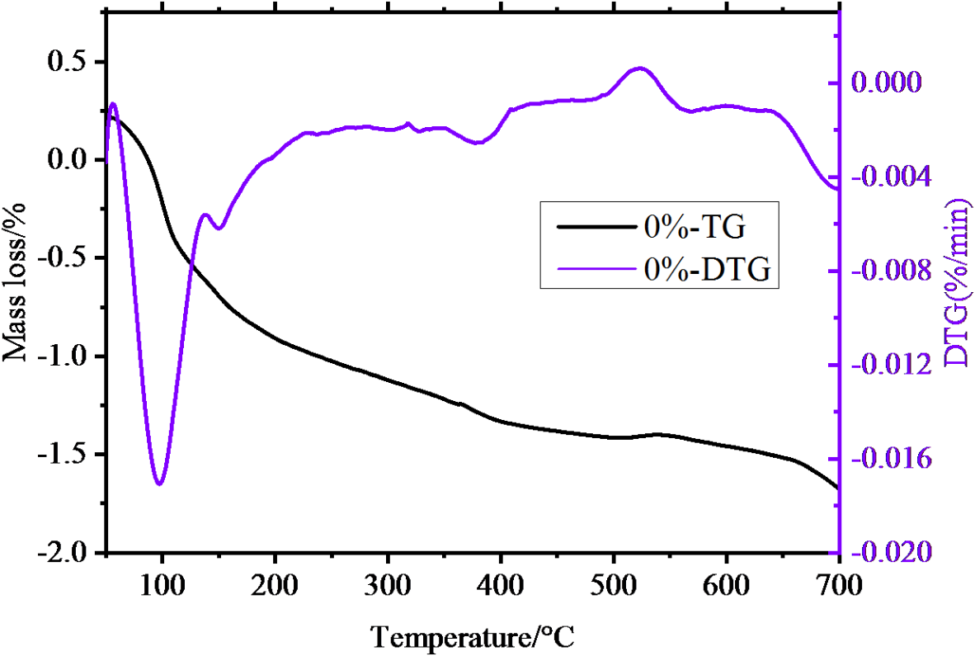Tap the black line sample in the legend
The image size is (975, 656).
(596, 225)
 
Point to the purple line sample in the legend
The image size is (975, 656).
(596, 268)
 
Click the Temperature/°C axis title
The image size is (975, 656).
(472, 636)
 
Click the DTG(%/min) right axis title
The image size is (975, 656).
(957, 282)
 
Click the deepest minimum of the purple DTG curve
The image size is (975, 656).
(160, 484)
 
